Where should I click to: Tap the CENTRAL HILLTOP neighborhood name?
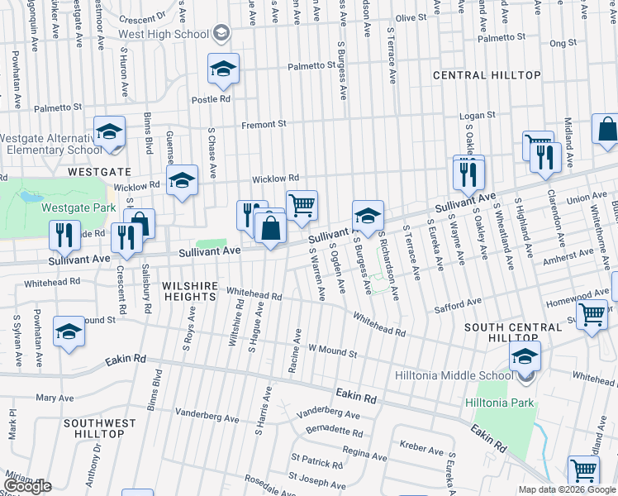(x=487, y=75)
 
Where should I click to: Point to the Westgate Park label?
(x=80, y=208)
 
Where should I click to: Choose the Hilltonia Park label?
(x=500, y=403)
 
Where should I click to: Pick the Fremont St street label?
(x=264, y=125)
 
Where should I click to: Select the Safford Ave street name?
(x=458, y=308)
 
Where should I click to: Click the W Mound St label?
(x=332, y=353)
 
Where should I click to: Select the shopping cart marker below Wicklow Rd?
(x=302, y=205)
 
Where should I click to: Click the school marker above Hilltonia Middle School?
(x=525, y=358)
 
